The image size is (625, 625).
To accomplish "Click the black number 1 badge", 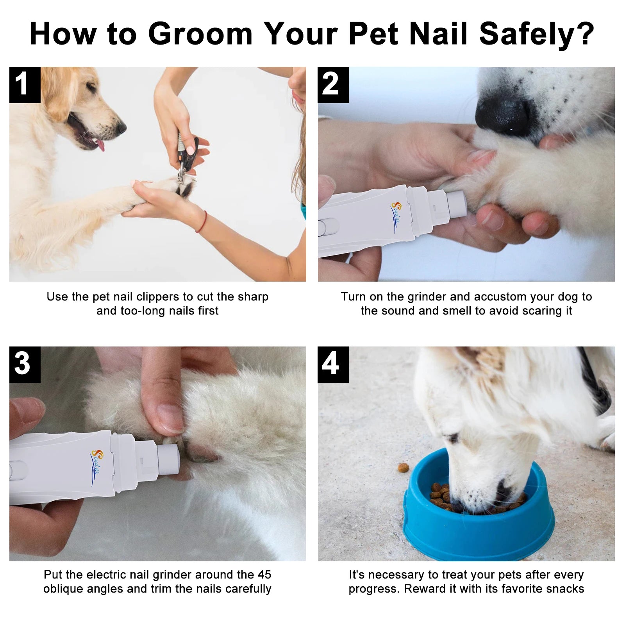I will (x=24, y=85).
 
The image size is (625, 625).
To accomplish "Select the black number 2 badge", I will (x=332, y=85).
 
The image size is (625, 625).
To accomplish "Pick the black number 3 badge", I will (x=24, y=364).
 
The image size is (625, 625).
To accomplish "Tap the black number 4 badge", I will (x=332, y=364).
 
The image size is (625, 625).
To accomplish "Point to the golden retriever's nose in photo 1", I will (x=121, y=127).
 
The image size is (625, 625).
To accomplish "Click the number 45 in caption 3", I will (x=264, y=575).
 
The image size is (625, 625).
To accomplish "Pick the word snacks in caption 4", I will (x=566, y=589).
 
